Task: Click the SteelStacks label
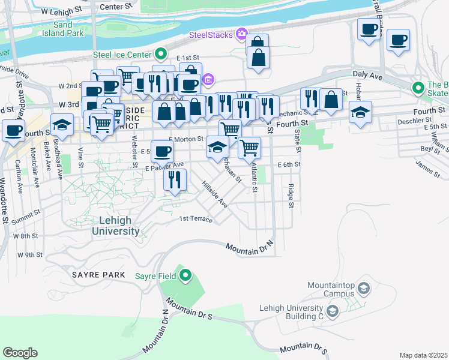pyautogui.click(x=211, y=35)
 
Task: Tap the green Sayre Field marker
pyautogui.click(x=185, y=276)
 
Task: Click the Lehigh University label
pyautogui.click(x=116, y=226)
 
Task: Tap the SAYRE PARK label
pyautogui.click(x=98, y=275)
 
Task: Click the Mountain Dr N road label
pyautogui.click(x=249, y=246)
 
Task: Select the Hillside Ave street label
pyautogui.click(x=214, y=195)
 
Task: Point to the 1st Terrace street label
pyautogui.click(x=196, y=219)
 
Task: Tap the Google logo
pyautogui.click(x=20, y=352)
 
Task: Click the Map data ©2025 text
pyautogui.click(x=423, y=355)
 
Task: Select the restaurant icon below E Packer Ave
pyautogui.click(x=175, y=179)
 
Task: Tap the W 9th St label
pyautogui.click(x=29, y=254)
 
